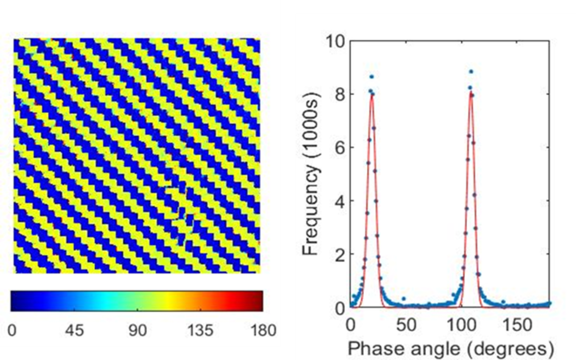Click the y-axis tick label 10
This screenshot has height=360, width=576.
335,41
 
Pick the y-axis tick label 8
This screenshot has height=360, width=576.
339,95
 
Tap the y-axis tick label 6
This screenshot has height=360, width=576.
339,148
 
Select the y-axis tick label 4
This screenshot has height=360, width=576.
339,201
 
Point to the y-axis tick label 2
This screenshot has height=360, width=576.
339,254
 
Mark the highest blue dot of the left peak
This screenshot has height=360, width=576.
372,77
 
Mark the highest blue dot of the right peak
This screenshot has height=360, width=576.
471,72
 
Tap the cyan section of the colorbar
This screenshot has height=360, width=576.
103,301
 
